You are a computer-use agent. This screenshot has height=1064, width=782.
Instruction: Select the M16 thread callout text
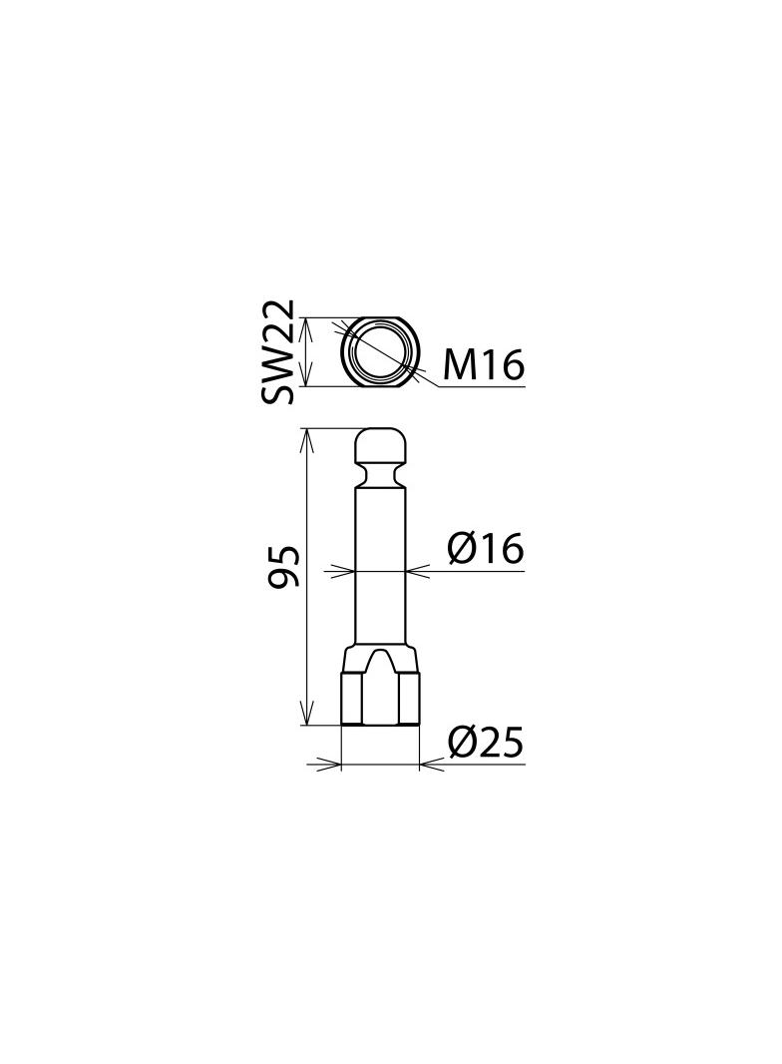(x=483, y=364)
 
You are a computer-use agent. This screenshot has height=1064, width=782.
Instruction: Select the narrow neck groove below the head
(x=381, y=472)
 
